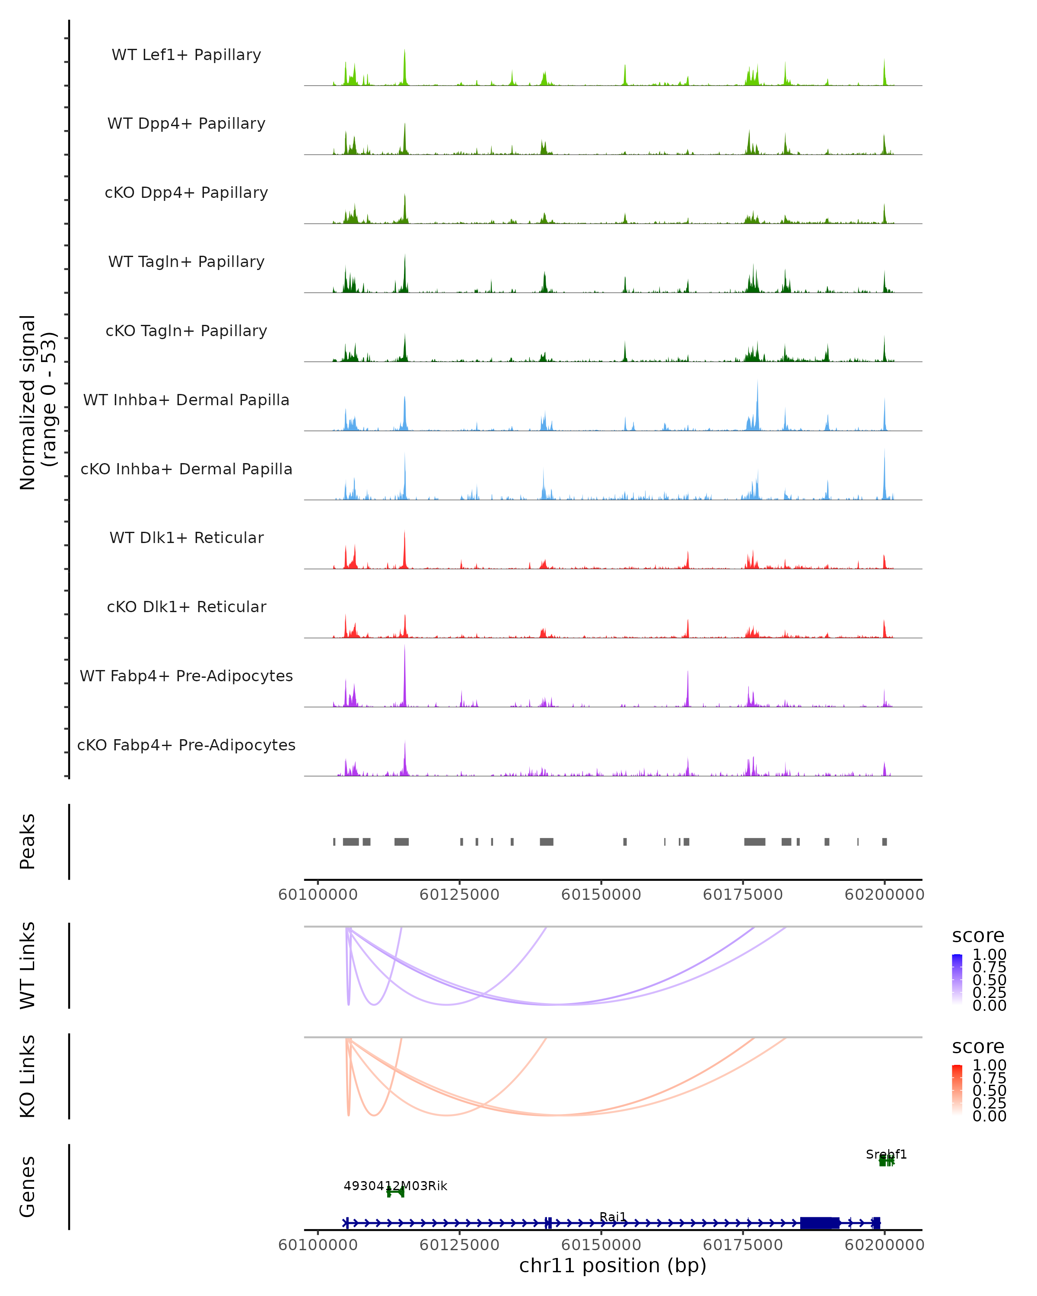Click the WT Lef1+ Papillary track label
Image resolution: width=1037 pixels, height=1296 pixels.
click(186, 55)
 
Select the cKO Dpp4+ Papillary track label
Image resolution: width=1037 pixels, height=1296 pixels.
click(186, 193)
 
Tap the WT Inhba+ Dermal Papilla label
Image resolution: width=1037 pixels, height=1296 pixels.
click(186, 400)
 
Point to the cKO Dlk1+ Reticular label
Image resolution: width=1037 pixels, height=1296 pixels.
click(186, 607)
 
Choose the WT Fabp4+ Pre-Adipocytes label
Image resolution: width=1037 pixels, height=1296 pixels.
click(186, 676)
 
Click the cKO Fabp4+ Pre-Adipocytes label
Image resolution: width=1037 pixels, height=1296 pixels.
click(186, 745)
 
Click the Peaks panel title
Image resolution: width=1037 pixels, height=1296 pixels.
click(28, 842)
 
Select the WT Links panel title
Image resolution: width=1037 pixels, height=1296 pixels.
click(28, 966)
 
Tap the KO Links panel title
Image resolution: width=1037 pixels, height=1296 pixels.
click(28, 1077)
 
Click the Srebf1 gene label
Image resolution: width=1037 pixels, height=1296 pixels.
click(886, 1154)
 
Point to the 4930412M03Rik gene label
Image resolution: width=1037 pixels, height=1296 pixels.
click(395, 1186)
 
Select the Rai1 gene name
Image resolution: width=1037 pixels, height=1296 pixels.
click(613, 1217)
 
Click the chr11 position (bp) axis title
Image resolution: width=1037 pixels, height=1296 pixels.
click(613, 1265)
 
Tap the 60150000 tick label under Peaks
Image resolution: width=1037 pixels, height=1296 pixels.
click(601, 895)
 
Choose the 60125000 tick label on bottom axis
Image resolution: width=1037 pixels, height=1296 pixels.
click(459, 1245)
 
